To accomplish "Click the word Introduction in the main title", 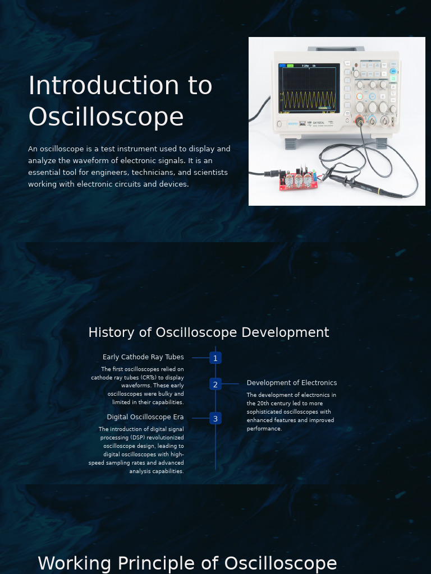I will tap(104, 86).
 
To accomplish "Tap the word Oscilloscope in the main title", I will tap(106, 117).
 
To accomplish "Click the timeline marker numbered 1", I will tap(215, 358).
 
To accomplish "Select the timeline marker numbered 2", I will tap(215, 385).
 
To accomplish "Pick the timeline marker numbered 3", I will tap(215, 419).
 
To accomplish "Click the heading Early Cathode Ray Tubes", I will tap(143, 357).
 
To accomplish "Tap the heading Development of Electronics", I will tap(292, 383).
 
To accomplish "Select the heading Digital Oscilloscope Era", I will tap(145, 417).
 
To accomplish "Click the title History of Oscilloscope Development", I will tap(209, 332).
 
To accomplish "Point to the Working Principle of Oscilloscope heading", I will tap(187, 563).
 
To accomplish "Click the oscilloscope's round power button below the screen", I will tap(279, 124).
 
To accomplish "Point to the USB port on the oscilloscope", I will tap(303, 123).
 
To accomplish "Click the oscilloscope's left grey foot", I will tap(290, 143).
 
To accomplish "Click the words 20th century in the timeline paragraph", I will tap(270, 403).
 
